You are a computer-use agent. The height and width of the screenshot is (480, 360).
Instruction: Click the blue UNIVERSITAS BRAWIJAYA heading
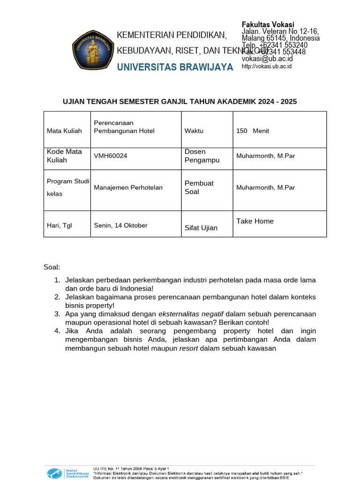click(x=175, y=67)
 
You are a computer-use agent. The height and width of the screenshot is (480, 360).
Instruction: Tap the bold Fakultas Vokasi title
click(x=268, y=24)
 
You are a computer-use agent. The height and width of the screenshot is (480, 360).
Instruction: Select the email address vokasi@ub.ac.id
click(x=267, y=59)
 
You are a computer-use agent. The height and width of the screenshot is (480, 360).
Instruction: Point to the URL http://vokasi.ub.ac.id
click(x=267, y=67)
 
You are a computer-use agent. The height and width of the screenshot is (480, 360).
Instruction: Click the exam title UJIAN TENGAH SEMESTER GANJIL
click(x=180, y=101)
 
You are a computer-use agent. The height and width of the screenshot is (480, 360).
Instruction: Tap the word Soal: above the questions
click(x=52, y=267)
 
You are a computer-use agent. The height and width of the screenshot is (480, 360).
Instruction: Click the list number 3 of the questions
click(x=57, y=314)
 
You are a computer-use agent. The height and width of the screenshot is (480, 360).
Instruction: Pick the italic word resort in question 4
click(x=188, y=348)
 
